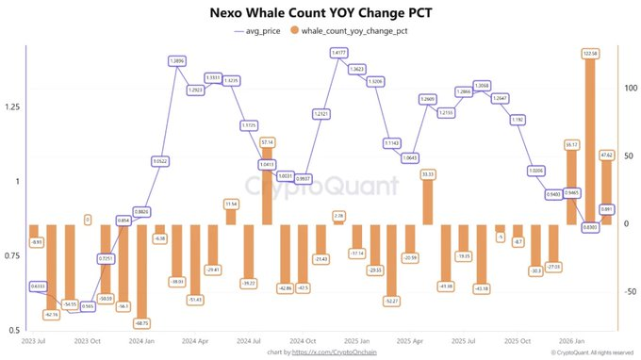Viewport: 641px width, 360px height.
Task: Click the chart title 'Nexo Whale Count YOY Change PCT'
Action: coord(320,13)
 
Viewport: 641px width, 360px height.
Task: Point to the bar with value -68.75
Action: coord(141,273)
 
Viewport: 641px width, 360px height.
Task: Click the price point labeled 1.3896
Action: coord(176,60)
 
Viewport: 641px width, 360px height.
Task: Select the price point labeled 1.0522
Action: coord(159,161)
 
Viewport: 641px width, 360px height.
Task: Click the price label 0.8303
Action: coord(591,227)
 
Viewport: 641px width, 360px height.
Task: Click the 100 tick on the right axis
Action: coord(630,88)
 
